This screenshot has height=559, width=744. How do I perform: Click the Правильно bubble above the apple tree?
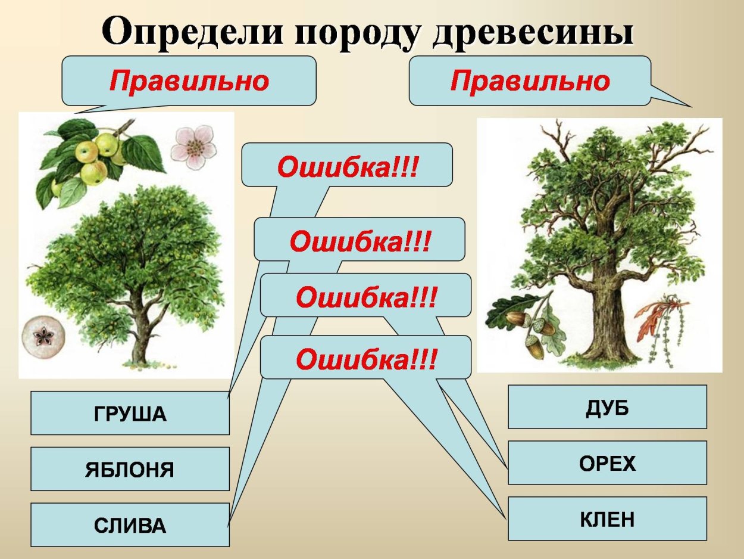coord(189,81)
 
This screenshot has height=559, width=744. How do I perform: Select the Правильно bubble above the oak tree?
coord(530,81)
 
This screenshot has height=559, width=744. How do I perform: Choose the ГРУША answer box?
coord(130,413)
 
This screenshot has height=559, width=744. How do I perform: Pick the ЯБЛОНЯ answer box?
coord(130,469)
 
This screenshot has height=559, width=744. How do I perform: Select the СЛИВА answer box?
coord(130,525)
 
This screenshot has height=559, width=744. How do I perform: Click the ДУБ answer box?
coord(607,407)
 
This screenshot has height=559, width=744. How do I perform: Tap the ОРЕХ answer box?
coord(607,463)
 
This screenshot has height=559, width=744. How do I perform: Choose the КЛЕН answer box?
coord(607,519)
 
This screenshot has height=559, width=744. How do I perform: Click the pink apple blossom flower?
coord(193,146)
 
